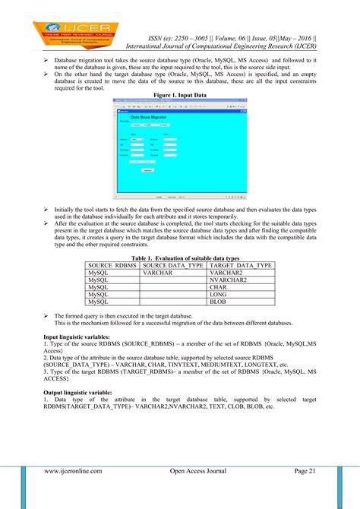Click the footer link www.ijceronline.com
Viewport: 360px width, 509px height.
tap(73, 471)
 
